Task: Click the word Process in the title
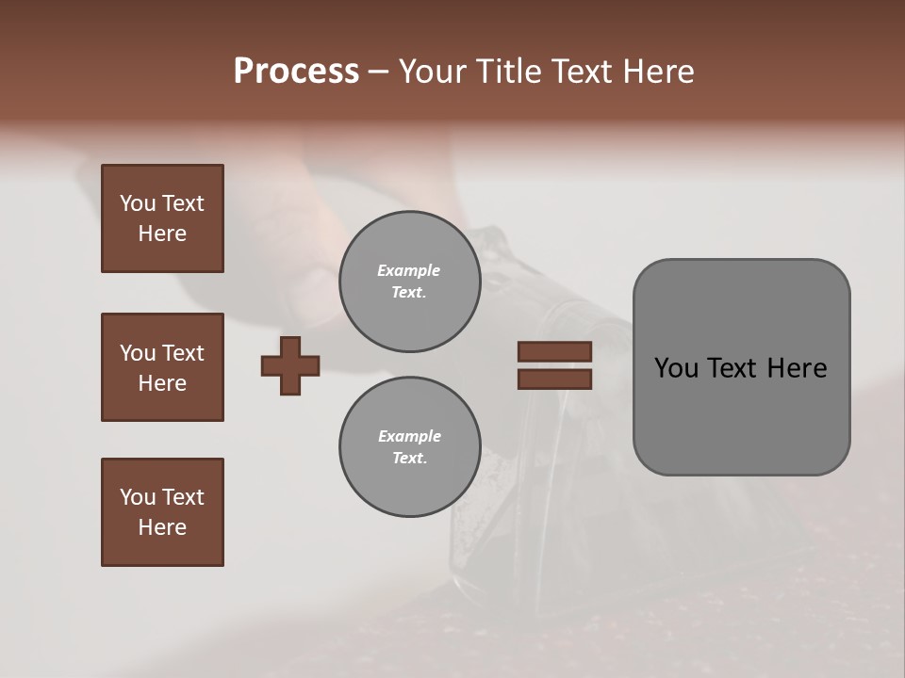(x=296, y=72)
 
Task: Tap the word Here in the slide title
(x=657, y=72)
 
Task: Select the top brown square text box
(x=162, y=218)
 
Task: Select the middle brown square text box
(x=162, y=367)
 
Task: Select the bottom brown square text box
(x=162, y=512)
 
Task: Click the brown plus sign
(x=290, y=365)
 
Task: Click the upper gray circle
(x=409, y=282)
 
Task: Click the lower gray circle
(x=409, y=447)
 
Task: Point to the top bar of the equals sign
(x=554, y=351)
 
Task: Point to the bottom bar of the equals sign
(x=554, y=379)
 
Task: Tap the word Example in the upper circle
(x=408, y=270)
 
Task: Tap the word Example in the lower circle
(x=409, y=436)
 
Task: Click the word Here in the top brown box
(x=162, y=234)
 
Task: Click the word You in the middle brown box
(x=137, y=353)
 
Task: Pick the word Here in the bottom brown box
(x=162, y=527)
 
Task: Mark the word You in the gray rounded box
(x=676, y=368)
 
